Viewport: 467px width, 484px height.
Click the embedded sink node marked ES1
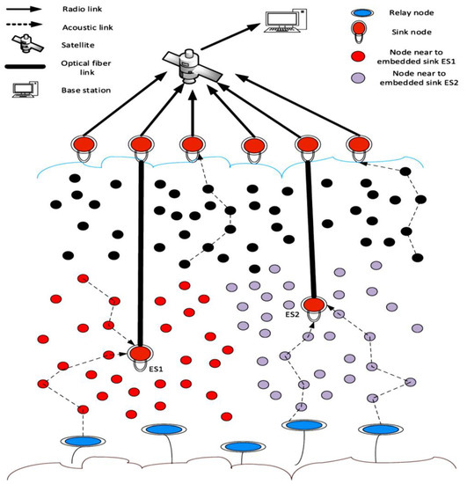coord(140,354)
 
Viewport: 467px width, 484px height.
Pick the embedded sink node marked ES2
coord(315,306)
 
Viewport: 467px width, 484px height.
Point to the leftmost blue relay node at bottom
coord(83,441)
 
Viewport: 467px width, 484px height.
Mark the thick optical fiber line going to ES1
coord(140,246)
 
